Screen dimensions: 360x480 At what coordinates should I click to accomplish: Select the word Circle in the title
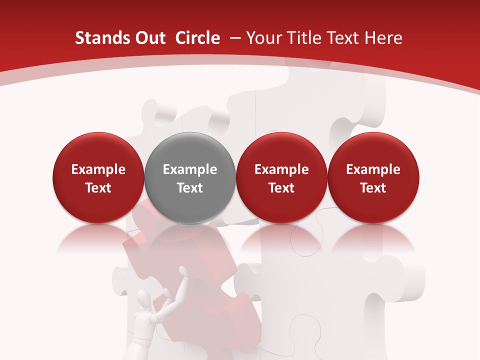coord(197,38)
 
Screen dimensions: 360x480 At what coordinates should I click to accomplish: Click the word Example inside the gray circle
coord(190,169)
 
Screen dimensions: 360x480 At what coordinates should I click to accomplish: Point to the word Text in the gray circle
coord(190,188)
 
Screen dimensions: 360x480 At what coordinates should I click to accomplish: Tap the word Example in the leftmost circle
coord(98,169)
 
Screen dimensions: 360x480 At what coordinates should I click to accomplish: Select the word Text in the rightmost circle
coord(373,188)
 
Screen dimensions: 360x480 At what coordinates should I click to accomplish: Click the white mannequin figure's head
coord(144,301)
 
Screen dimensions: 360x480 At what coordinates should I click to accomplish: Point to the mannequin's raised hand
coord(184,272)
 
